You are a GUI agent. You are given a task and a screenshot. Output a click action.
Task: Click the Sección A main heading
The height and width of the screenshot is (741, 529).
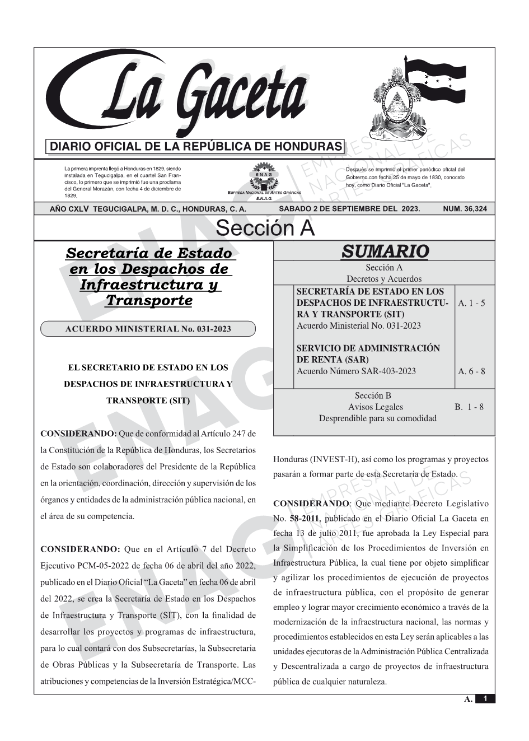click(265, 229)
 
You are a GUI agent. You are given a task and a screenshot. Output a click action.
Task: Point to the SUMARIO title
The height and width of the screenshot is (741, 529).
click(385, 251)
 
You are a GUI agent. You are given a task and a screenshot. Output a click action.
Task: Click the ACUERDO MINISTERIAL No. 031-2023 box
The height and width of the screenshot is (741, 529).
click(148, 329)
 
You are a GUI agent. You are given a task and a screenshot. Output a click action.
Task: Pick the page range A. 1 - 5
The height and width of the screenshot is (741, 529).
click(471, 303)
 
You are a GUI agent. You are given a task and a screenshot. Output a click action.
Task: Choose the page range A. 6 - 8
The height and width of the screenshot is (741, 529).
click(471, 371)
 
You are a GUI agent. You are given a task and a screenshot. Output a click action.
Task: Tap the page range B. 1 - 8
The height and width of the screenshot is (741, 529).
click(469, 407)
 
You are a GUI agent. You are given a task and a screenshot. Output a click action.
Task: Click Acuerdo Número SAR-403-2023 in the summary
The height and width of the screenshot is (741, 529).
click(356, 371)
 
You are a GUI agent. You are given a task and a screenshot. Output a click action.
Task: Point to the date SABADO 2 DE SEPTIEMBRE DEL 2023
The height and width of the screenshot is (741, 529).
click(349, 209)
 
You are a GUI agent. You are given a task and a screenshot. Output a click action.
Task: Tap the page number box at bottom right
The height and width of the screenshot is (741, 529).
click(485, 698)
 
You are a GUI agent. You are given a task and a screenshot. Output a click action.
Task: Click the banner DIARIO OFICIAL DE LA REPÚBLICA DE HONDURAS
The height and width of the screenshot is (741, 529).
click(196, 147)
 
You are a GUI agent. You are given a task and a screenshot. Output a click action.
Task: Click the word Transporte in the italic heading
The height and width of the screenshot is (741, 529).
click(149, 300)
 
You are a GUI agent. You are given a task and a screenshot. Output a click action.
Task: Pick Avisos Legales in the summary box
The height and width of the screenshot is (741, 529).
click(375, 407)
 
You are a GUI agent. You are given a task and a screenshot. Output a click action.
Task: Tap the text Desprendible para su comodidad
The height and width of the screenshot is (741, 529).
click(377, 418)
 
